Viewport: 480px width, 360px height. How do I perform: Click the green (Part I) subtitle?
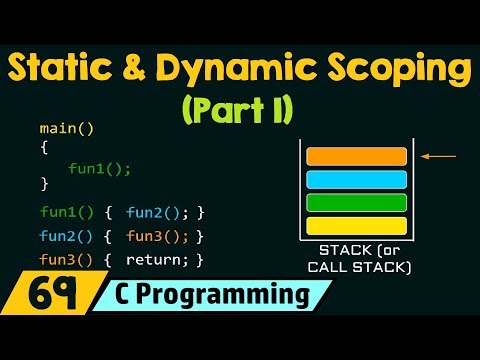pyautogui.click(x=240, y=108)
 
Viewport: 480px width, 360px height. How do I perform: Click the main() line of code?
pyautogui.click(x=60, y=129)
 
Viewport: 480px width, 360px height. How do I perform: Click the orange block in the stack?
pyautogui.click(x=356, y=156)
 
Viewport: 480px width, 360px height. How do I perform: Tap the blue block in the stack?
pyautogui.click(x=356, y=179)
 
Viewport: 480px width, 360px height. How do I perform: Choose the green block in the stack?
pyautogui.click(x=356, y=202)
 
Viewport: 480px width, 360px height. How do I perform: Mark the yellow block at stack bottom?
pyautogui.click(x=356, y=225)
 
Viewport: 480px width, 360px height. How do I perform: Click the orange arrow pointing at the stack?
pyautogui.click(x=441, y=156)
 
